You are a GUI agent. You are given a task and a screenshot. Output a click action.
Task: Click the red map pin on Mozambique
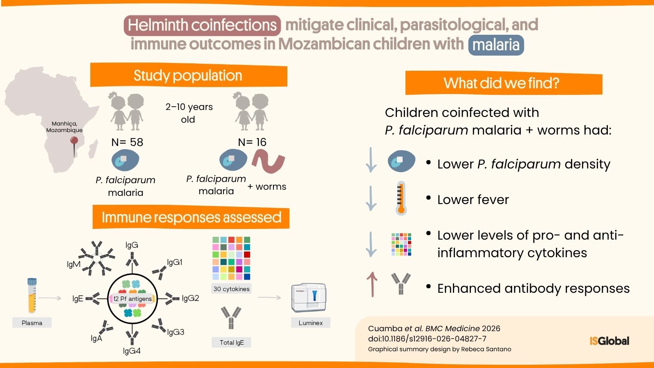(x=74, y=141)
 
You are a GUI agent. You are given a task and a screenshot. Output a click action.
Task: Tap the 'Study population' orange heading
(x=188, y=75)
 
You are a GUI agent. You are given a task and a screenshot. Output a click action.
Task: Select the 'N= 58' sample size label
(x=127, y=142)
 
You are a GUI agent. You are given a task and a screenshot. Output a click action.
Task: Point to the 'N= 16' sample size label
(x=252, y=142)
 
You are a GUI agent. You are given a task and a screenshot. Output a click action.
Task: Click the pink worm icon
(x=268, y=161)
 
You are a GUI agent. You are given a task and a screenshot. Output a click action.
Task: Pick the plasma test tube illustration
(x=32, y=295)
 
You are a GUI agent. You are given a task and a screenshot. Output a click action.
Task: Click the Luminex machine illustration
(x=309, y=298)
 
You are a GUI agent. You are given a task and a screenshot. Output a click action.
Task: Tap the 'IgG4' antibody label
(x=132, y=351)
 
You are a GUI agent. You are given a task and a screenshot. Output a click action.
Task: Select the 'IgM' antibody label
(x=74, y=264)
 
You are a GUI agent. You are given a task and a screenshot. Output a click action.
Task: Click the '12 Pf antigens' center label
(x=132, y=299)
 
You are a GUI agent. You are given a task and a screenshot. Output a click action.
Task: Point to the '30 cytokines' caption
(x=231, y=289)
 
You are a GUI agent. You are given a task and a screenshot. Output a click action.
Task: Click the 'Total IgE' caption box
(x=231, y=342)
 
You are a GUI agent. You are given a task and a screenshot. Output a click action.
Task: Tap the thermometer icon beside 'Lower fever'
(x=401, y=198)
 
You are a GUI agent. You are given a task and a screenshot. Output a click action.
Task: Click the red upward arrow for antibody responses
(x=372, y=284)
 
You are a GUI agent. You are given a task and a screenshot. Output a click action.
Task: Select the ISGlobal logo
(x=609, y=341)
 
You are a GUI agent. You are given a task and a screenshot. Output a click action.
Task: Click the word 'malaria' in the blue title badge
(x=496, y=45)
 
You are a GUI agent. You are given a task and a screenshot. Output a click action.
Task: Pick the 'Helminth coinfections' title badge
(x=202, y=25)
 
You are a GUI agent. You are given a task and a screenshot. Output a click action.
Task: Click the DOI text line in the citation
(x=427, y=339)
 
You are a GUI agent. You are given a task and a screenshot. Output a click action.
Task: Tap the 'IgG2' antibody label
(x=190, y=298)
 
